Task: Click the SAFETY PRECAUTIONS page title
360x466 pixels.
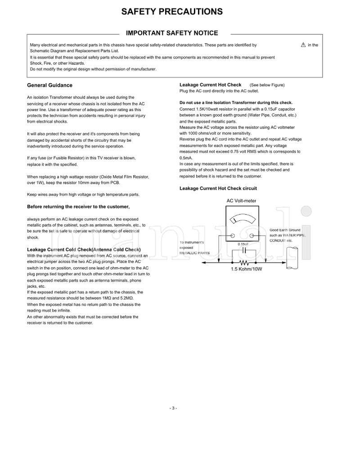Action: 172,12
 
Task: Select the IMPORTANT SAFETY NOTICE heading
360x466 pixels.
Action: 172,33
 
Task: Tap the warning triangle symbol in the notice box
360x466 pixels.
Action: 303,45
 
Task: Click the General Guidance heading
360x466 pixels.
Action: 49,85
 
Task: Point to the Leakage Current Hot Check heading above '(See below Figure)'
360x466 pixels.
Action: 210,85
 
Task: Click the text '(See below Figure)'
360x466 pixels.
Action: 267,85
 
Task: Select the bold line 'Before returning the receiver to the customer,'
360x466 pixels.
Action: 78,206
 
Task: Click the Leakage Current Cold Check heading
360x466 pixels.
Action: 84,249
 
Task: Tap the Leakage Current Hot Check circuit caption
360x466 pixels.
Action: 218,188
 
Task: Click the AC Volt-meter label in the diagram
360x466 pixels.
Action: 241,201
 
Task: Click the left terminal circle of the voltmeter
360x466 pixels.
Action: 232,236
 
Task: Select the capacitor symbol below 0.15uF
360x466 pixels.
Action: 243,251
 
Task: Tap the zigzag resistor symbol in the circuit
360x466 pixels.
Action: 244,262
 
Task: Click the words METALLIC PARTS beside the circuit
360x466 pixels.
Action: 194,253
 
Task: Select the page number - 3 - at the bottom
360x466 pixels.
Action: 173,408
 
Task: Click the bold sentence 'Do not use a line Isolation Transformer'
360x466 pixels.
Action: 236,103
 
